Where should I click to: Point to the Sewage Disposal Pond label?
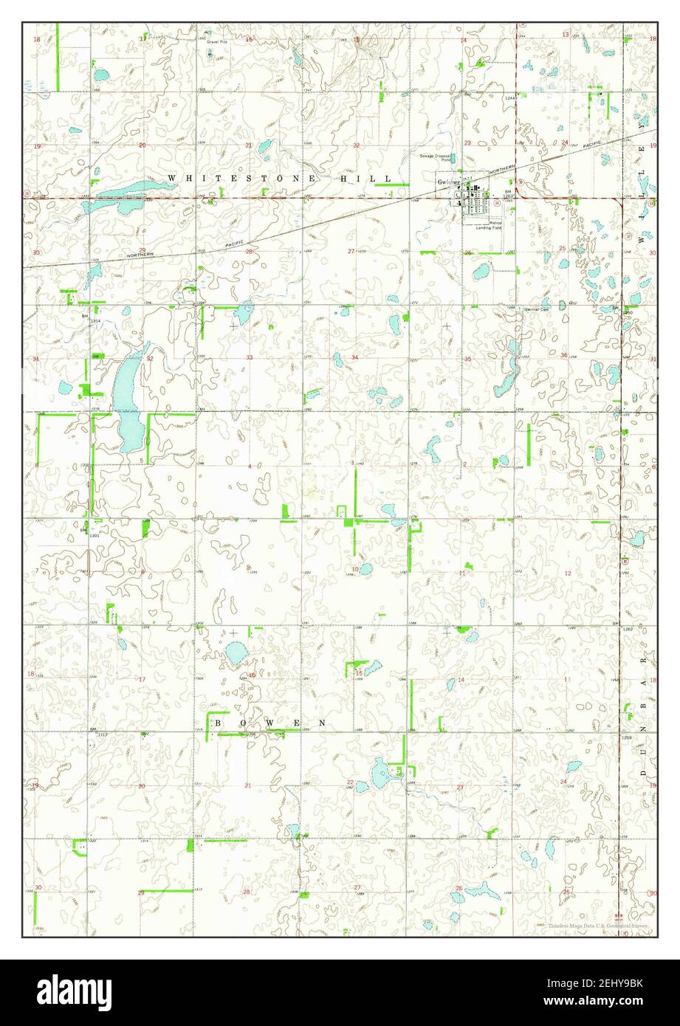tap(436, 158)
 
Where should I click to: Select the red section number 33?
tap(250, 358)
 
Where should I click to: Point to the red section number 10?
tap(355, 569)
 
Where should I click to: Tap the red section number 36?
tap(564, 356)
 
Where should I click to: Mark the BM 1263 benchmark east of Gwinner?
tap(507, 194)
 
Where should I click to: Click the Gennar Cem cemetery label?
tap(537, 309)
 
